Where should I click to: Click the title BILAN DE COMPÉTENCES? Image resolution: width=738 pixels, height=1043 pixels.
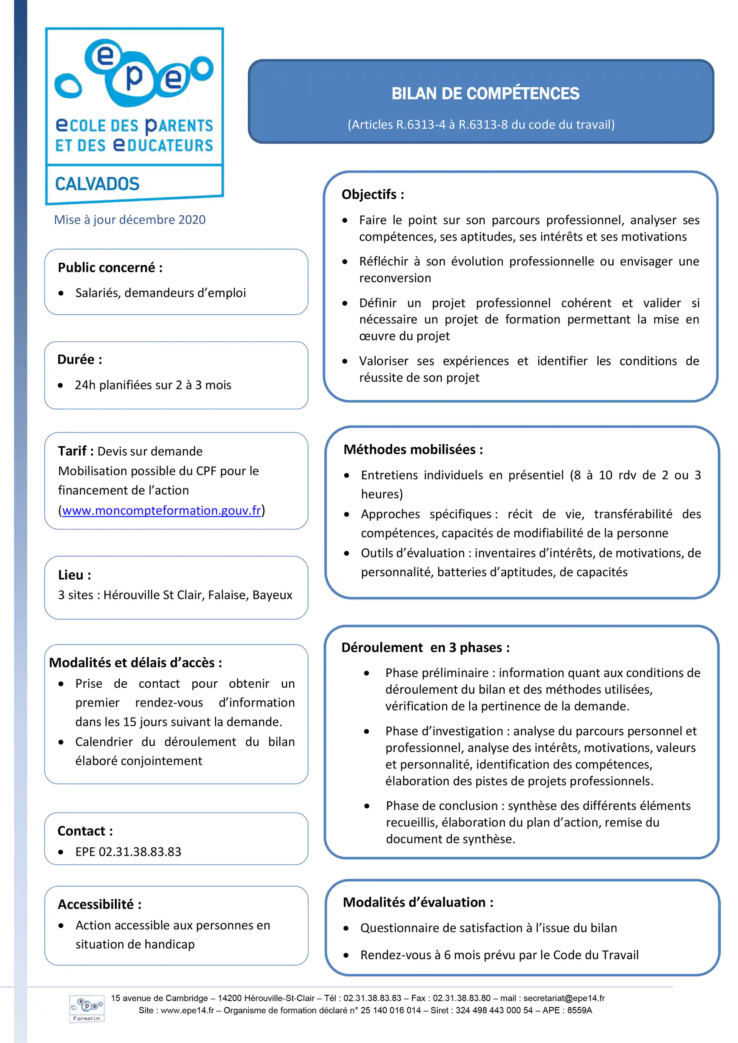[x=485, y=94]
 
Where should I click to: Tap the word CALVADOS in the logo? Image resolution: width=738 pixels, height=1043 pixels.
[x=97, y=184]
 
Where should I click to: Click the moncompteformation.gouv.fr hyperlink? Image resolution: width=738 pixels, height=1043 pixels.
[x=161, y=511]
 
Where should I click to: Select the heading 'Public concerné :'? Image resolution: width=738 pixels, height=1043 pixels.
[x=110, y=268]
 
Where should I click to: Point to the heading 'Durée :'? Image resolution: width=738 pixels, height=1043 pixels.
[x=80, y=359]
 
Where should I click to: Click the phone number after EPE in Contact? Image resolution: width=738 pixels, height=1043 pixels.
[x=140, y=852]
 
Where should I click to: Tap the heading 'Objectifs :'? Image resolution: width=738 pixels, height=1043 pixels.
[x=373, y=194]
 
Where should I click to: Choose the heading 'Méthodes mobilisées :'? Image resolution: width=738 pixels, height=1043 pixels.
[x=413, y=449]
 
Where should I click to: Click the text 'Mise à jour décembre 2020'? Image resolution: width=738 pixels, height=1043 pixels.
[x=130, y=220]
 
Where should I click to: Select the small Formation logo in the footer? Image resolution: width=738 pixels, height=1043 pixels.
[x=86, y=1009]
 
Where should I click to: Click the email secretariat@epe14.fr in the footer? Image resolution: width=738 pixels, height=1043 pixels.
[x=564, y=998]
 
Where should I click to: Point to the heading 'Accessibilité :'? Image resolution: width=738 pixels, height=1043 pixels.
[x=99, y=904]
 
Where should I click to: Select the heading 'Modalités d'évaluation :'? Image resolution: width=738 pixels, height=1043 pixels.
[x=418, y=902]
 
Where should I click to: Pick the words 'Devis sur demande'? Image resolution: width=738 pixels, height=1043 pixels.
[x=150, y=452]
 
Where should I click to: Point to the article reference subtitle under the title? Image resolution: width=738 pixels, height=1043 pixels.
[x=481, y=124]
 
